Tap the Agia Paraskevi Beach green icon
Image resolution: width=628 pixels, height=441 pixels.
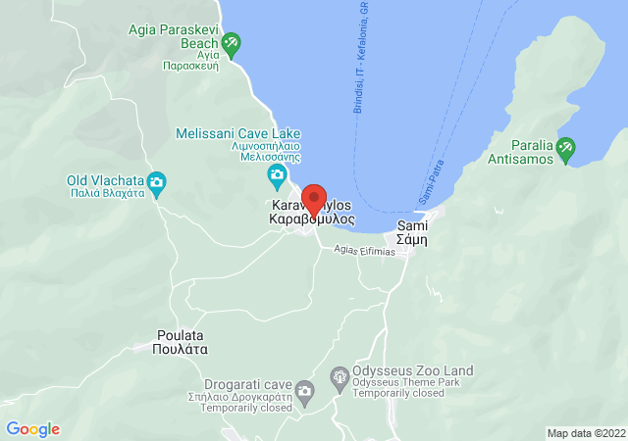[x=231, y=43]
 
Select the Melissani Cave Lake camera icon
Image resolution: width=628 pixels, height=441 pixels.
[x=277, y=176]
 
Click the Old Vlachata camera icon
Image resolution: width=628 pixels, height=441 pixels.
[x=156, y=181]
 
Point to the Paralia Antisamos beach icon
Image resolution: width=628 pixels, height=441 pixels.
[x=565, y=150]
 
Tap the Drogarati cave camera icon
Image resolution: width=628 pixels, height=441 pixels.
[x=305, y=392]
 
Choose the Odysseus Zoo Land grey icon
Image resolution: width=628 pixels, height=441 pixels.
[x=340, y=376]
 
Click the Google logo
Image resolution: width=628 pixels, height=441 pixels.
[x=32, y=429]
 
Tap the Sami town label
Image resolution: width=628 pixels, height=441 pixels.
[x=411, y=232]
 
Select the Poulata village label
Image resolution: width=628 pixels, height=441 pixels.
[x=183, y=341]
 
